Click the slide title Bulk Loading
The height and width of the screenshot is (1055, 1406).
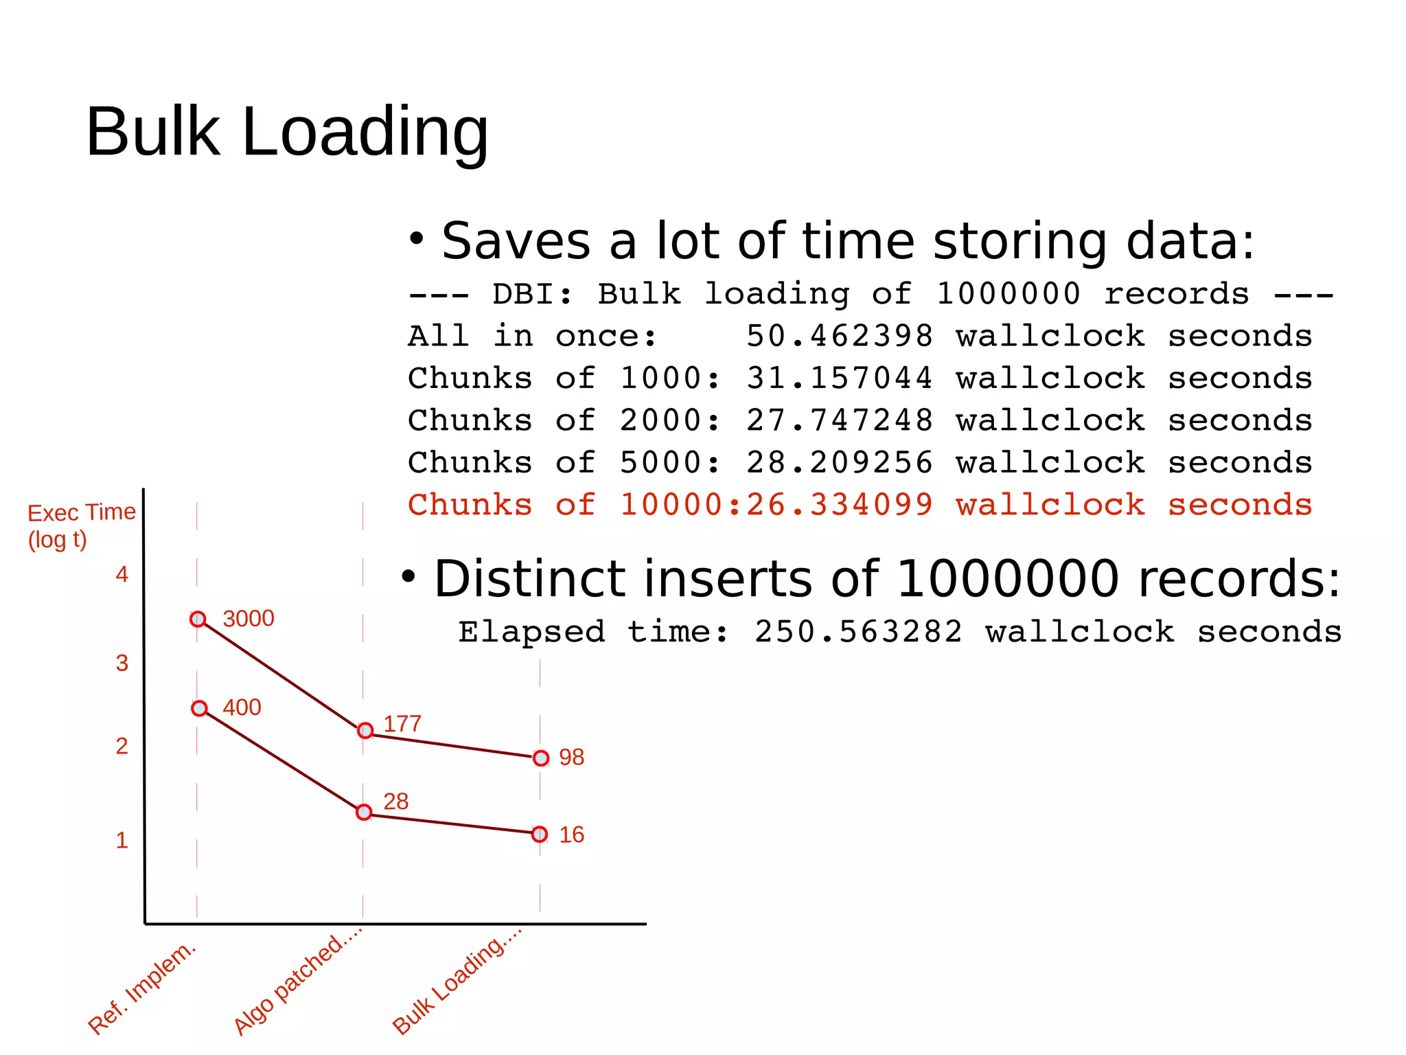coord(287,132)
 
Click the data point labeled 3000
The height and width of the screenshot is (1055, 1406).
coord(198,620)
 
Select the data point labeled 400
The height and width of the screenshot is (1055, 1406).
coord(199,708)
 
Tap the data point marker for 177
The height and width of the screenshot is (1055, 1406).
coord(365,731)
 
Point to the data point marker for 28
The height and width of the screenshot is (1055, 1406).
coord(364,813)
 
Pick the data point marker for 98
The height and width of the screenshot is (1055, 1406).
coord(541,758)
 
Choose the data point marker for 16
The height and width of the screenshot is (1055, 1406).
coord(540,835)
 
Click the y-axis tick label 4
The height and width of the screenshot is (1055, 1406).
coord(122,575)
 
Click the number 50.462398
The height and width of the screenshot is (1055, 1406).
coord(840,337)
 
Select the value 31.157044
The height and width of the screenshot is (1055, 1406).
coord(840,378)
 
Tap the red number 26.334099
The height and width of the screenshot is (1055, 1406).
coord(840,506)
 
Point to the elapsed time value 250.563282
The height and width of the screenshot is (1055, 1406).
coord(858,632)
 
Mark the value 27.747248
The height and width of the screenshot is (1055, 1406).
coord(840,421)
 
